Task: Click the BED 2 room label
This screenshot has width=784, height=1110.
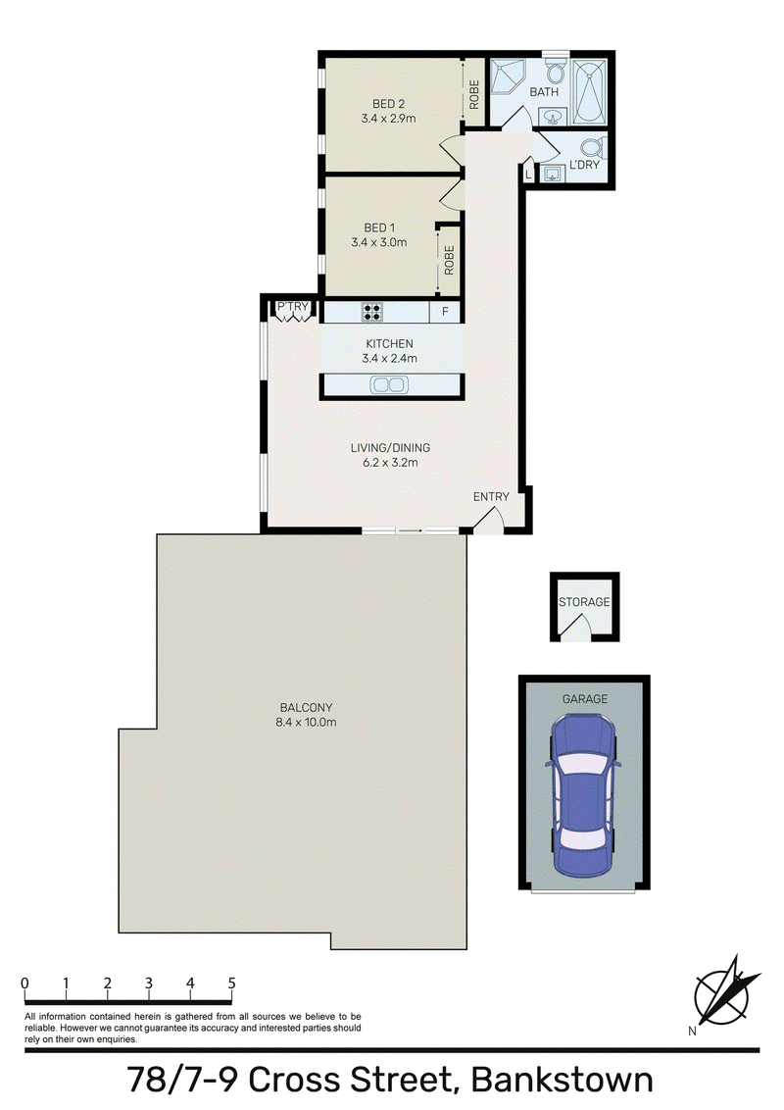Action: click(x=388, y=104)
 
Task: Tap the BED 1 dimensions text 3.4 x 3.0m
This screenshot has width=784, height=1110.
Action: click(x=379, y=242)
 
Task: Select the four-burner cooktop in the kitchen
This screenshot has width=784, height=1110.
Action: click(x=372, y=312)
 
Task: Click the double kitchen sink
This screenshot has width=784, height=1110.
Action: click(x=389, y=385)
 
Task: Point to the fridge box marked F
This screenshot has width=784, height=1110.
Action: click(x=445, y=312)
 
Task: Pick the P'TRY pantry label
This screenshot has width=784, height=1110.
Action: click(x=292, y=307)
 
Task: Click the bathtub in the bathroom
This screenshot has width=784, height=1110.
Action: click(x=589, y=92)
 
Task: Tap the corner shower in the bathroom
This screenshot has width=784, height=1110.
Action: click(x=511, y=78)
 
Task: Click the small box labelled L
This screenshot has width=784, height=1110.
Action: click(x=528, y=173)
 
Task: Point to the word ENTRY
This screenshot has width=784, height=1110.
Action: click(x=491, y=497)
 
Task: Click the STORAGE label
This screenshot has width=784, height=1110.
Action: click(x=584, y=602)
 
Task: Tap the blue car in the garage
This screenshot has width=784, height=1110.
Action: click(x=584, y=795)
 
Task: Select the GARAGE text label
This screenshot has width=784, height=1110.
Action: click(x=584, y=699)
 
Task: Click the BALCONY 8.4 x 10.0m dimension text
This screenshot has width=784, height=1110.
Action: click(x=306, y=723)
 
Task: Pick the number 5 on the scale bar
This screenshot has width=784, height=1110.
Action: click(x=231, y=984)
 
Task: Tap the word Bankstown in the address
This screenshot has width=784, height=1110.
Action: click(x=562, y=1081)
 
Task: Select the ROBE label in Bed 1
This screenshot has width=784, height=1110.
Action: click(x=449, y=261)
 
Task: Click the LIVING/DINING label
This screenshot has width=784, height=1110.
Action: click(x=391, y=447)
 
